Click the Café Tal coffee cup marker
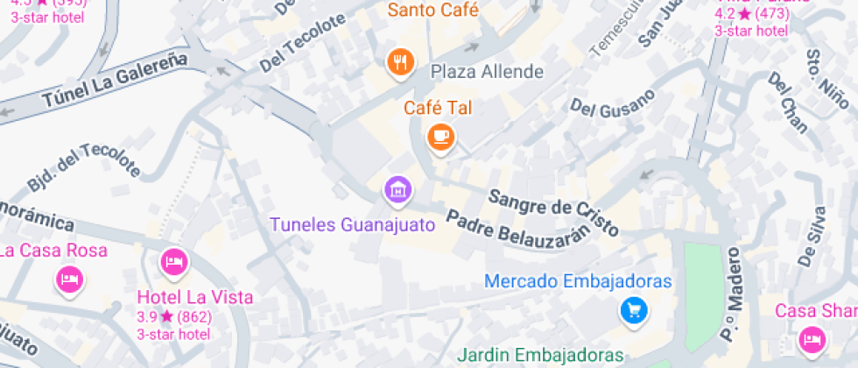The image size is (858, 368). point(440,137)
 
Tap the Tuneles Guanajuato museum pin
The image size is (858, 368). point(398,188)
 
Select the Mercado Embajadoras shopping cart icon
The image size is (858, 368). point(633,309)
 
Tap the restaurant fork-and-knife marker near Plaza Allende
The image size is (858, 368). point(400,61)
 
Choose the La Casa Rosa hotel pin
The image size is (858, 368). point(69,280)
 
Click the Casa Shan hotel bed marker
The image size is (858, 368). point(812,338)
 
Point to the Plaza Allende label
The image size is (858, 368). point(487,71)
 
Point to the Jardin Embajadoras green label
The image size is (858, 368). point(540,356)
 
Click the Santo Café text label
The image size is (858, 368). point(433,11)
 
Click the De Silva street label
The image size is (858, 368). point(812,236)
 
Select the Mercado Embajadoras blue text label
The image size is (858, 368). point(578,281)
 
